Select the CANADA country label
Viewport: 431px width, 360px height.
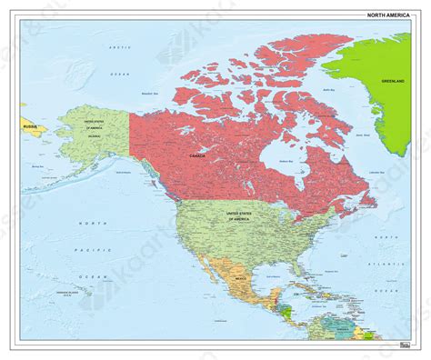[197, 155]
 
